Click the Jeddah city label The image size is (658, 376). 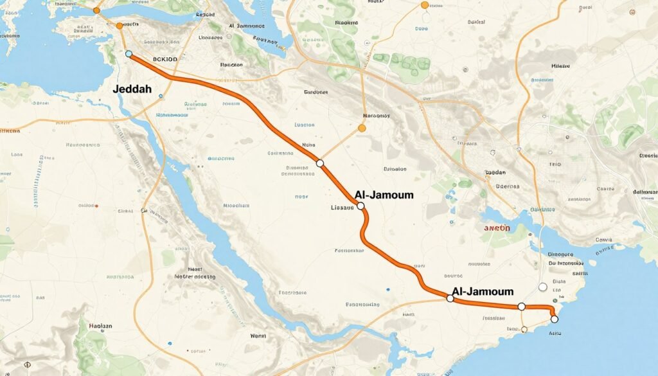(x=132, y=89)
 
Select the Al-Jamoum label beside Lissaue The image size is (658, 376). (x=384, y=194)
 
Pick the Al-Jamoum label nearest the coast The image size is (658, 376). (x=482, y=291)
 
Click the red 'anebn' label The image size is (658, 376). (x=496, y=228)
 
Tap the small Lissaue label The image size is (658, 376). (x=342, y=208)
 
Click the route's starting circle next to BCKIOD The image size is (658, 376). (x=129, y=54)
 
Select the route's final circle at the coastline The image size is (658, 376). (x=555, y=319)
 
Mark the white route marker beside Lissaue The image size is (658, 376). (x=360, y=206)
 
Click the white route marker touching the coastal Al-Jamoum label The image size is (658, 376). (x=450, y=298)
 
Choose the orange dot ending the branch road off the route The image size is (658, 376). (x=361, y=129)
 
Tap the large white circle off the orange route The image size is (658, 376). (x=542, y=287)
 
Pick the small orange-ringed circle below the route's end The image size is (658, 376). (x=524, y=330)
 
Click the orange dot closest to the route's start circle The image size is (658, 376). (x=119, y=26)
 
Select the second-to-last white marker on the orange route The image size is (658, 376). (x=522, y=307)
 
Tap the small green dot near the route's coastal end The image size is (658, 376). (x=553, y=300)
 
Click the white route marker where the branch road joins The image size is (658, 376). (x=320, y=163)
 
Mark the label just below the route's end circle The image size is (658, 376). (x=555, y=334)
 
